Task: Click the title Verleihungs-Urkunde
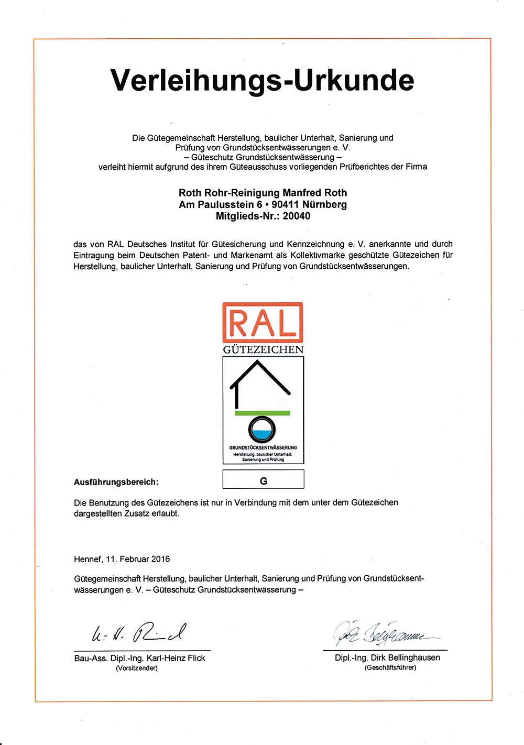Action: tap(262, 80)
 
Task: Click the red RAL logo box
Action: tap(263, 322)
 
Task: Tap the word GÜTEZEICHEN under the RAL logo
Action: tap(263, 349)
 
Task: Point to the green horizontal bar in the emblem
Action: tap(262, 413)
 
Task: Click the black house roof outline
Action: tap(260, 377)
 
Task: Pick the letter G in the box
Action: tap(264, 481)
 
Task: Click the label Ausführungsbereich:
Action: tap(116, 482)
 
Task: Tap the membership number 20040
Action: tap(297, 216)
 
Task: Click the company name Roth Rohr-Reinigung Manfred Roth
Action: tap(263, 193)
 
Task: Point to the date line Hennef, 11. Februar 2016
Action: tap(122, 559)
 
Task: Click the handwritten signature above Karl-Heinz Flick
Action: tap(139, 633)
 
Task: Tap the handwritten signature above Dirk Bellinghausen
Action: tap(385, 634)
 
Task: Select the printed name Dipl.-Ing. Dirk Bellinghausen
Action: tap(387, 658)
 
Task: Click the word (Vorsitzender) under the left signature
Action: tap(137, 668)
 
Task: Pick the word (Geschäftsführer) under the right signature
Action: tap(390, 667)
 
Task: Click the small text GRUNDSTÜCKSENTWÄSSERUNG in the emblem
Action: tap(263, 447)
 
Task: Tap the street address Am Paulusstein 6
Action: tap(220, 204)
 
